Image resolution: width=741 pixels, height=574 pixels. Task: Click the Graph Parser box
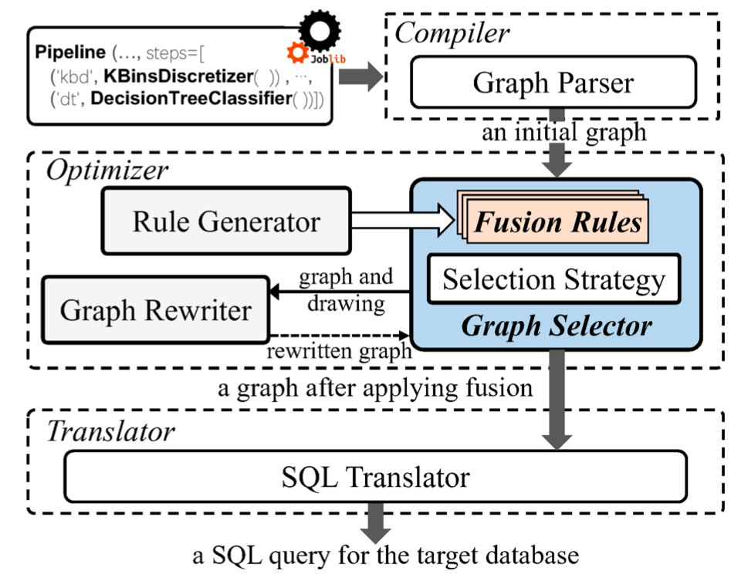(553, 83)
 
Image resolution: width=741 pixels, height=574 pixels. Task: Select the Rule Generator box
(226, 222)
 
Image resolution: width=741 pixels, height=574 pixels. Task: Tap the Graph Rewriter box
(155, 311)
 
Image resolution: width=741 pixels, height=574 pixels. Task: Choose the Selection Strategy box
(553, 279)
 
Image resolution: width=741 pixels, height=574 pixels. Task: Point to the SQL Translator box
(374, 477)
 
